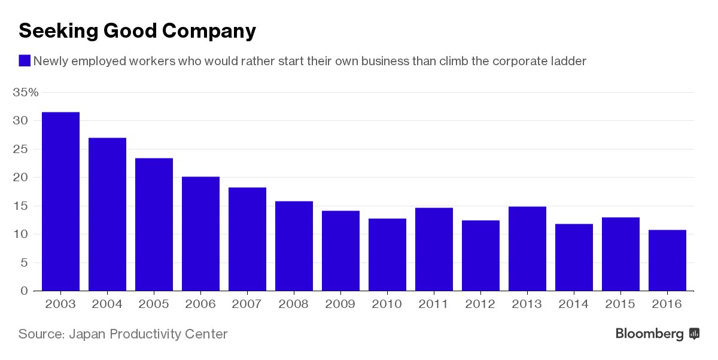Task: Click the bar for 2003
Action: [x=60, y=202]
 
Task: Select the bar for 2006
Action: [x=200, y=234]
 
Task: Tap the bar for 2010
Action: [x=387, y=255]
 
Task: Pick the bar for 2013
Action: [x=527, y=249]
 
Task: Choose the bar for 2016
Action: [x=667, y=260]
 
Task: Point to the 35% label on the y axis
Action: [x=26, y=93]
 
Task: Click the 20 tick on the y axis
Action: [x=21, y=178]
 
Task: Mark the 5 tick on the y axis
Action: [x=24, y=263]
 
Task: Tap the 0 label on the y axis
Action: [x=24, y=291]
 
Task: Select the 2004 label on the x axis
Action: [x=107, y=304]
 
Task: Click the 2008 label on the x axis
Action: [x=294, y=304]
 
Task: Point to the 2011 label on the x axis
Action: [x=434, y=304]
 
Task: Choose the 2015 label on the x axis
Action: [x=620, y=304]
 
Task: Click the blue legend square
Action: [x=25, y=60]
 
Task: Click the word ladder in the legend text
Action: [x=568, y=61]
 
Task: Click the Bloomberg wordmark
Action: [x=650, y=334]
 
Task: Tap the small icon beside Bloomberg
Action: [x=694, y=334]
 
